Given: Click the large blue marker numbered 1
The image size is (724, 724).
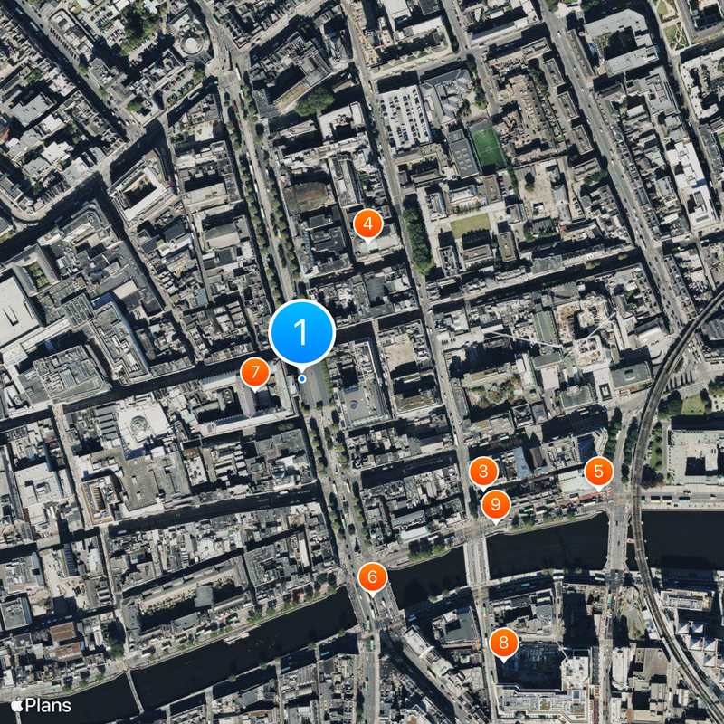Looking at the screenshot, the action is pyautogui.click(x=301, y=332).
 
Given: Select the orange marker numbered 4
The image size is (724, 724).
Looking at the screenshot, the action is pyautogui.click(x=367, y=223).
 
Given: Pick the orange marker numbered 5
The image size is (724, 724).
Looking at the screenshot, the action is pyautogui.click(x=598, y=472).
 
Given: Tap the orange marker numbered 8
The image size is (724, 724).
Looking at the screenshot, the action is pyautogui.click(x=503, y=644).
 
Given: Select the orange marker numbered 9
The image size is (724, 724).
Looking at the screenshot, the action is pyautogui.click(x=495, y=504).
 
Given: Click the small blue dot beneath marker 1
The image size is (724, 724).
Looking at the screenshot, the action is pyautogui.click(x=301, y=379).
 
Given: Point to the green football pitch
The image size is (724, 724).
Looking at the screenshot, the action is pyautogui.click(x=489, y=146).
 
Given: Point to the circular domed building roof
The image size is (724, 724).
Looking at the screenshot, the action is pyautogui.click(x=192, y=44).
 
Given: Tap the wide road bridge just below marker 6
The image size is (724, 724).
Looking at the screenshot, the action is pyautogui.click(x=373, y=615).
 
